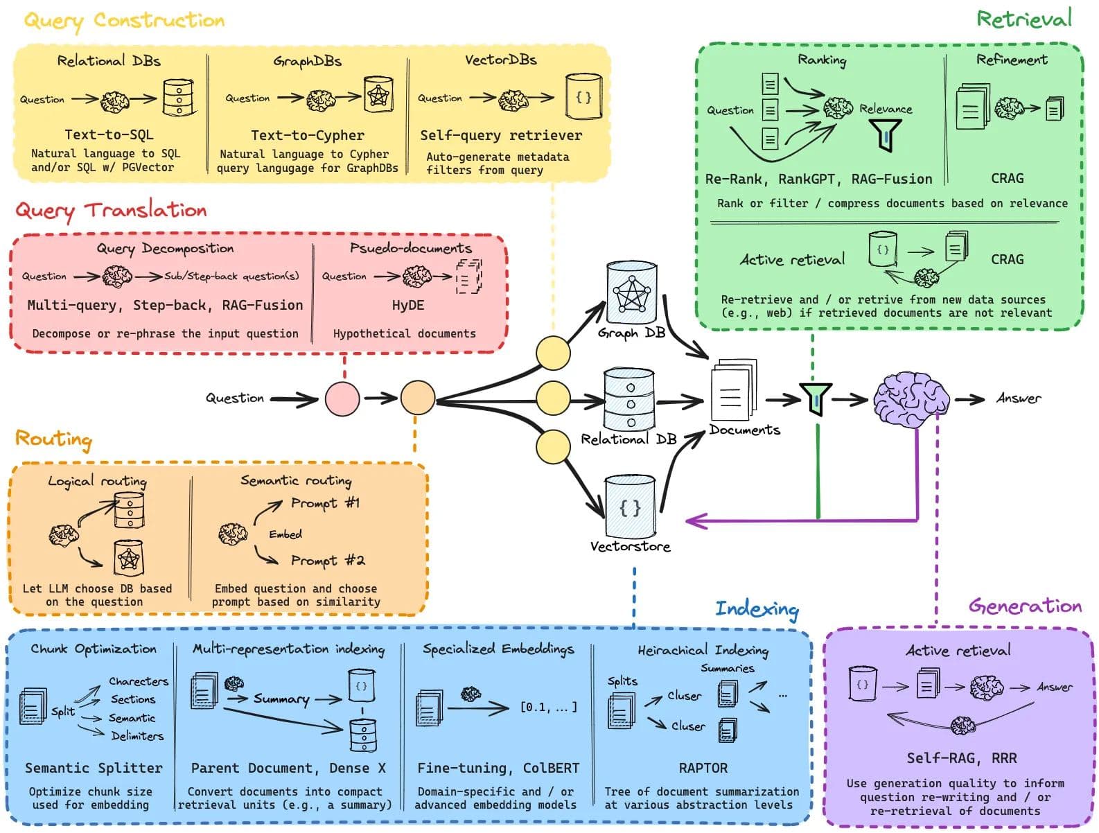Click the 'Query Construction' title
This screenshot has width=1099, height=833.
[x=125, y=20]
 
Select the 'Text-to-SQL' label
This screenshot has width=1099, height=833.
[x=109, y=134]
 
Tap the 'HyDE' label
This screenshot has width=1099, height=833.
[x=407, y=305]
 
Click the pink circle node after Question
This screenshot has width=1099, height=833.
[x=342, y=398]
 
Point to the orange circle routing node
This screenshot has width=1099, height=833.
[x=417, y=398]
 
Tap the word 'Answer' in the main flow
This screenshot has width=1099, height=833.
[x=1018, y=398]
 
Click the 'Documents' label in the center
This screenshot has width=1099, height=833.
[x=744, y=430]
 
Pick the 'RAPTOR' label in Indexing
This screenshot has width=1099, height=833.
[x=703, y=768]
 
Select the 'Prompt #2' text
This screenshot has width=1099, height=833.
[x=327, y=560]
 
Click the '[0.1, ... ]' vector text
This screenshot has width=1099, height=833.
[x=548, y=708]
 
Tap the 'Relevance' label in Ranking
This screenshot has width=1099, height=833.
[x=886, y=109]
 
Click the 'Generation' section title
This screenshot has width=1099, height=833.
[x=1025, y=606]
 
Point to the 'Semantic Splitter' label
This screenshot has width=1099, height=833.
[x=94, y=768]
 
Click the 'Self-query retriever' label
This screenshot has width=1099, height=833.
[x=501, y=135]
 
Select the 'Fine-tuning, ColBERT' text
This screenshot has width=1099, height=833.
[x=498, y=768]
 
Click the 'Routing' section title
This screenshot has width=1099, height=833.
[x=53, y=439]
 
